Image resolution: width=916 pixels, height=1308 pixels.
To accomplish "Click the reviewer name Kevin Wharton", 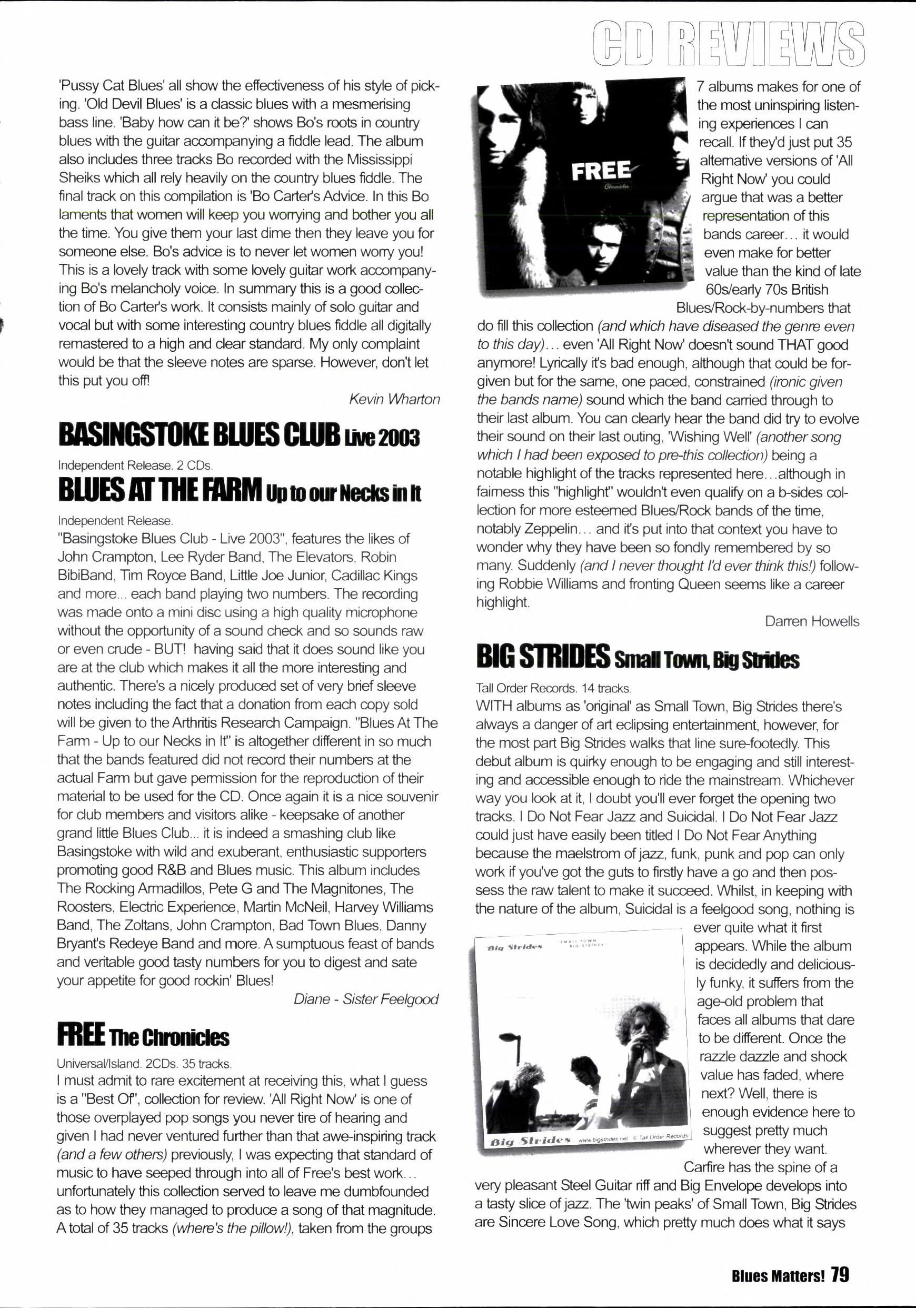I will coord(394,399).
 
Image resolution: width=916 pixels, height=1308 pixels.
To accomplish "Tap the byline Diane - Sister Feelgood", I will coord(366,999).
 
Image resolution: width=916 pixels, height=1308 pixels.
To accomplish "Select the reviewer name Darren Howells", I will coord(812,621).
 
